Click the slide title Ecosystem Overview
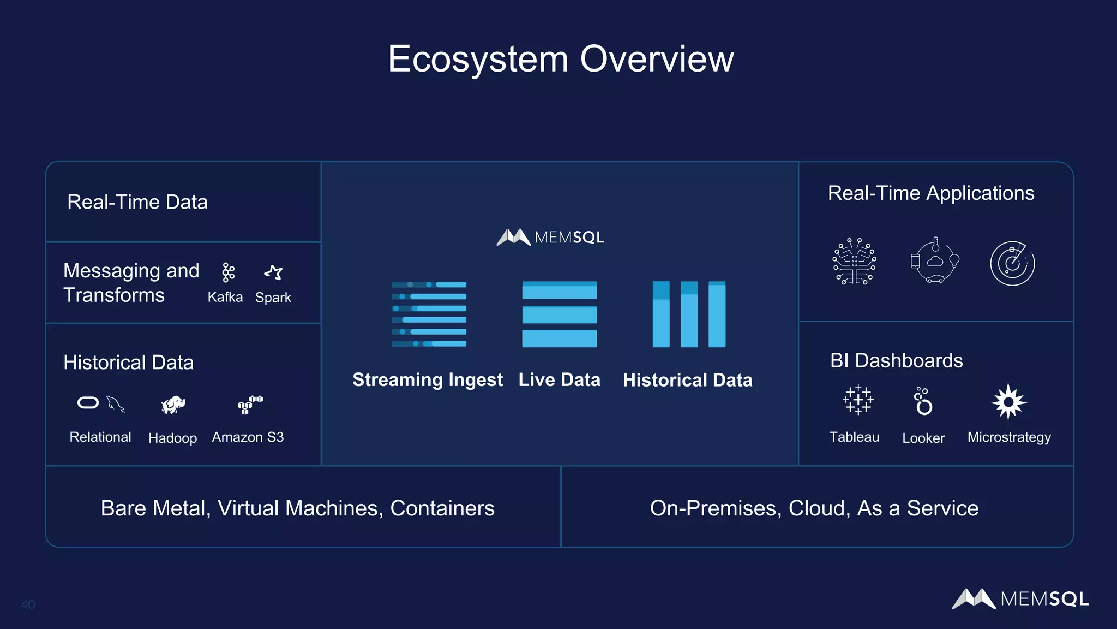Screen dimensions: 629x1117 pyautogui.click(x=561, y=59)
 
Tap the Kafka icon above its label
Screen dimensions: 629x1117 pyautogui.click(x=228, y=272)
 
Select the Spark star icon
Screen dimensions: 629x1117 pyautogui.click(x=273, y=272)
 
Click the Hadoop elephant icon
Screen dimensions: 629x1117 pyautogui.click(x=173, y=405)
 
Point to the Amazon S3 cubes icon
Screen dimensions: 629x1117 pyautogui.click(x=250, y=405)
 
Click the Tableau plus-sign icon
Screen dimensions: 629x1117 pyautogui.click(x=858, y=400)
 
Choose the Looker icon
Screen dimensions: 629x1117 pyautogui.click(x=923, y=401)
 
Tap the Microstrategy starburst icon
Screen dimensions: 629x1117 pyautogui.click(x=1008, y=402)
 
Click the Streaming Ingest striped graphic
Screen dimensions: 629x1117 pyautogui.click(x=429, y=314)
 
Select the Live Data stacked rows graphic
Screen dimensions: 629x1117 pyautogui.click(x=559, y=314)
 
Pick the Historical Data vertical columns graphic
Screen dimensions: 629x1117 pyautogui.click(x=689, y=314)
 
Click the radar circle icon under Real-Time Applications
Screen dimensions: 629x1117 pyautogui.click(x=1012, y=263)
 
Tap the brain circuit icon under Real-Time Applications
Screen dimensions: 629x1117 pyautogui.click(x=854, y=262)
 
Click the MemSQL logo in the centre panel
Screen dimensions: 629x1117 pyautogui.click(x=550, y=237)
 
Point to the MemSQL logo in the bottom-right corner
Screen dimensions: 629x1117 pyautogui.click(x=1020, y=598)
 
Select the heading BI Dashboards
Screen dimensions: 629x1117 pyautogui.click(x=896, y=360)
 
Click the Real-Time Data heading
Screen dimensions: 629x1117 pyautogui.click(x=137, y=202)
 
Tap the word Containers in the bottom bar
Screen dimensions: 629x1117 pyautogui.click(x=442, y=508)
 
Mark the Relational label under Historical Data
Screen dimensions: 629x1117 pyautogui.click(x=100, y=437)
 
